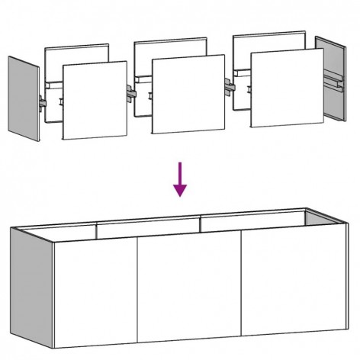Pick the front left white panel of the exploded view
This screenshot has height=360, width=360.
tap(94, 101)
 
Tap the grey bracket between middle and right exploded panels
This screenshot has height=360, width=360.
tap(229, 86)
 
